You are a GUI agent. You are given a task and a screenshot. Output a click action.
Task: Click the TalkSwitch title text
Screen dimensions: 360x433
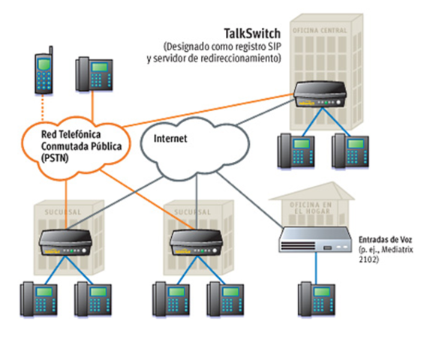pyautogui.click(x=252, y=34)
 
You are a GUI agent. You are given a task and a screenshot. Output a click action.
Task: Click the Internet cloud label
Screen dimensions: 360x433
pyautogui.click(x=170, y=139)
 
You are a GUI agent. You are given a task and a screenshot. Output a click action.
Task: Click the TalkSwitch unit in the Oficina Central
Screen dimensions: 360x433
pyautogui.click(x=322, y=94)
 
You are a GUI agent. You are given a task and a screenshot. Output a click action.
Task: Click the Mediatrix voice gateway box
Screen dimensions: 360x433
pyautogui.click(x=315, y=239)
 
